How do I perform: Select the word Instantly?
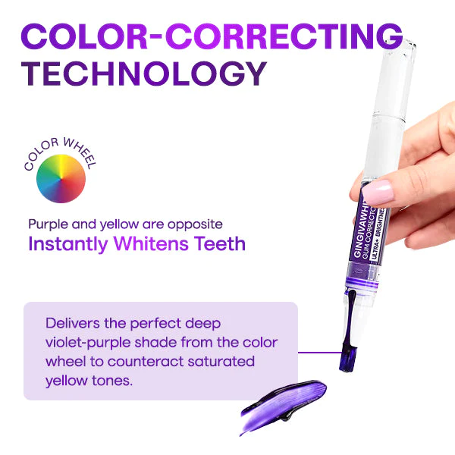click(x=69, y=244)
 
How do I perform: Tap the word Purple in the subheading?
click(x=48, y=224)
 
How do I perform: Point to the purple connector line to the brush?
click(x=318, y=352)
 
